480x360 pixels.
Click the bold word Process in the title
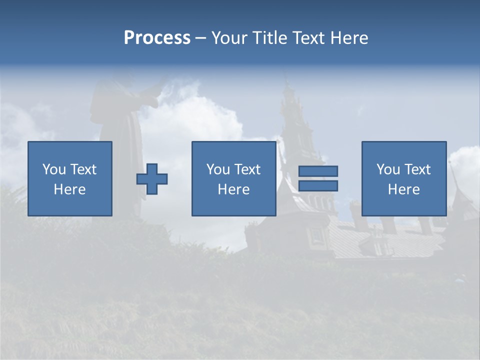pos(157,38)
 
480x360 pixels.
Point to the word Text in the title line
pos(308,38)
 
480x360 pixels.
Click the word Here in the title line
pos(349,38)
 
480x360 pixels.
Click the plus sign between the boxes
pos(152,179)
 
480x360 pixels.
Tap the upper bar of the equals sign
pos(318,171)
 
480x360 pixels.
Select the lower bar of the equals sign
pos(318,185)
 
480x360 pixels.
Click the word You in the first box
pos(54,169)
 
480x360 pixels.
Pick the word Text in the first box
pos(83,169)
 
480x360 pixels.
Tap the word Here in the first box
pos(69,189)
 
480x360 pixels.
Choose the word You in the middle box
pos(218,169)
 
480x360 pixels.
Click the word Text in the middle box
pos(247,169)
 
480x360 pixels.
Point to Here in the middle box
pos(233,189)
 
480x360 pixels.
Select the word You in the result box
pos(388,169)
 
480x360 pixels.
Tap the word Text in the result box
pos(417,169)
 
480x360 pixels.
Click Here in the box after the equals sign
pos(403,189)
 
